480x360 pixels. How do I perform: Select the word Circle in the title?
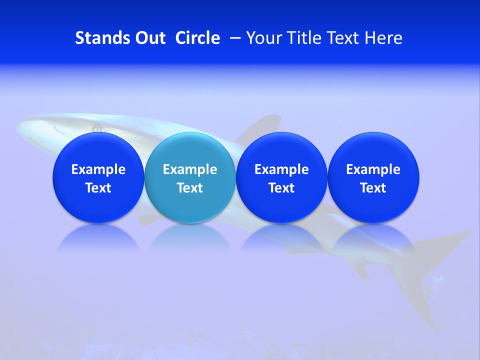pos(197,38)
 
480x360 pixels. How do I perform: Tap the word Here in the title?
pos(383,38)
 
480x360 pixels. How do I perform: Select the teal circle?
pos(190,150)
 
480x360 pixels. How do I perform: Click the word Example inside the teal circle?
pos(190,169)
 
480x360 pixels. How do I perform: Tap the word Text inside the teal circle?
pos(190,188)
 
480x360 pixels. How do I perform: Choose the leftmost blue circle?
pos(98,150)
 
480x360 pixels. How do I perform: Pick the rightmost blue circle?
pos(373,150)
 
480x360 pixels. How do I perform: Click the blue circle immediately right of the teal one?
pos(281,150)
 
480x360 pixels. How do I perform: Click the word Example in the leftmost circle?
pos(98,169)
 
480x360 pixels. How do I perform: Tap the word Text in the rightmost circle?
pos(373,188)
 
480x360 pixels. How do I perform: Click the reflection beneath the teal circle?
pos(190,237)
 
